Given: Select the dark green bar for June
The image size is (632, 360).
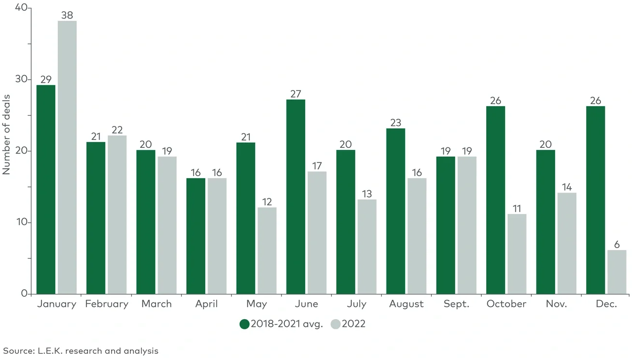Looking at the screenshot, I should pyautogui.click(x=296, y=197).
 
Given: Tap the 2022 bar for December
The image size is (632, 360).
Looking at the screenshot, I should pyautogui.click(x=617, y=272).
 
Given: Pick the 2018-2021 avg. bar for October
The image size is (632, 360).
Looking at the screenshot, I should pyautogui.click(x=495, y=200).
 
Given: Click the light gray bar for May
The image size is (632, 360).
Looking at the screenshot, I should pyautogui.click(x=267, y=251).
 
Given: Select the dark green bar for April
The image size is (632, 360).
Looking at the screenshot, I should pyautogui.click(x=195, y=236).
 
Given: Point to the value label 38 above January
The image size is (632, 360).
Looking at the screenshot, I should pyautogui.click(x=67, y=15).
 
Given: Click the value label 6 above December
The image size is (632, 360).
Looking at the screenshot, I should pyautogui.click(x=617, y=245).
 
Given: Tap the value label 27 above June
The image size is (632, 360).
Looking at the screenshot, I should pyautogui.click(x=296, y=94).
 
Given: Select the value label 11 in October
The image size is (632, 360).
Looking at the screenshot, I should pyautogui.click(x=517, y=209).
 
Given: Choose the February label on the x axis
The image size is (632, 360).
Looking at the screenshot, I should pyautogui.click(x=106, y=304).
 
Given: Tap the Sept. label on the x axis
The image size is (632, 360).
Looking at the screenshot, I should pyautogui.click(x=456, y=304).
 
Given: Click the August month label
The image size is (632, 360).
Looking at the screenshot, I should pyautogui.click(x=406, y=304).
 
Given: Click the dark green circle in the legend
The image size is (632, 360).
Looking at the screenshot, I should pyautogui.click(x=245, y=324).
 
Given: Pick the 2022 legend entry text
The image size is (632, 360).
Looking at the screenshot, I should pyautogui.click(x=353, y=324).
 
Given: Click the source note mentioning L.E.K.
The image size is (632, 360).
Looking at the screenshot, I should pyautogui.click(x=81, y=350).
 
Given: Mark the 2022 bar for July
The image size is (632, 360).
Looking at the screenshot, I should pyautogui.click(x=367, y=247).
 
